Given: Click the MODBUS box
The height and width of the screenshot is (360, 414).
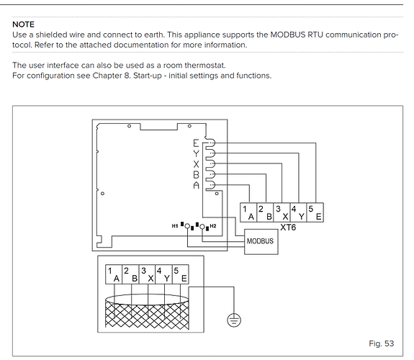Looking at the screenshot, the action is click(x=261, y=242).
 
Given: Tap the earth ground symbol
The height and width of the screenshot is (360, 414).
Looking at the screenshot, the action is click(x=234, y=320).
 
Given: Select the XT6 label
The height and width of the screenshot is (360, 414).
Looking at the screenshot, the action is click(x=288, y=227).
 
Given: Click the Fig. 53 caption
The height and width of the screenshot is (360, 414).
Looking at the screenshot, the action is click(x=382, y=343).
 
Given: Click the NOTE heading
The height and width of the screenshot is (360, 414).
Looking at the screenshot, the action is click(x=23, y=24).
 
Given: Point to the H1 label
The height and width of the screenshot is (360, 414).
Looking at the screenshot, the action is click(x=175, y=226).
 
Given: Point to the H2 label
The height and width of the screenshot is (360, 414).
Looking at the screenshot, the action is click(x=213, y=226).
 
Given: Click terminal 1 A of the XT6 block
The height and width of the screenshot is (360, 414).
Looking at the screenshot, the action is click(x=248, y=212).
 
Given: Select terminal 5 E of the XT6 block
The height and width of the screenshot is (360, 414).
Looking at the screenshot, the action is click(x=315, y=212).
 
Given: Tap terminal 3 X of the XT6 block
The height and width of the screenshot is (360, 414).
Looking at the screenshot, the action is click(x=282, y=212).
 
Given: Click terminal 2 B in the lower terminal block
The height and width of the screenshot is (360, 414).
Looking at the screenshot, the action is click(x=130, y=274).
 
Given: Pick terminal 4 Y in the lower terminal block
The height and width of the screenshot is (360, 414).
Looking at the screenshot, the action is click(x=163, y=274).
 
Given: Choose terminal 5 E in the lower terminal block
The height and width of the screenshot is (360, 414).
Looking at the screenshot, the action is click(x=180, y=274).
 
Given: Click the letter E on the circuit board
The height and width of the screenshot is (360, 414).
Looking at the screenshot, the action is click(x=196, y=143).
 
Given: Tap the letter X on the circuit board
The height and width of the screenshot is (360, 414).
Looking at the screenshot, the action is click(x=196, y=164).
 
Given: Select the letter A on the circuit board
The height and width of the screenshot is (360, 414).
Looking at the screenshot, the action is click(x=196, y=185).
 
